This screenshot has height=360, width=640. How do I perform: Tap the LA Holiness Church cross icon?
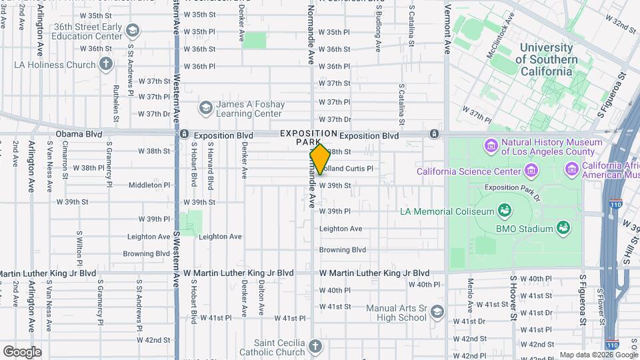pyautogui.click(x=105, y=65)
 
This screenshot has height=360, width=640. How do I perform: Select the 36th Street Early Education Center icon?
pyautogui.click(x=133, y=31)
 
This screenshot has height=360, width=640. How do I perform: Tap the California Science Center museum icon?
pyautogui.click(x=531, y=171)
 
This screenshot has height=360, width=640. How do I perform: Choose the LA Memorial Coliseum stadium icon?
pyautogui.click(x=505, y=211)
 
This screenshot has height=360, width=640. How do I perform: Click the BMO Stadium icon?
pyautogui.click(x=564, y=229)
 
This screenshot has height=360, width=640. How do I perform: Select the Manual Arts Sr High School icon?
pyautogui.click(x=437, y=312)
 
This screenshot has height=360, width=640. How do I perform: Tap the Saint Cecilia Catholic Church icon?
pyautogui.click(x=315, y=347)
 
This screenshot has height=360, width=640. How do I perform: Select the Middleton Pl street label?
pyautogui.click(x=149, y=185)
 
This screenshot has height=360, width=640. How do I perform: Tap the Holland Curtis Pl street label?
pyautogui.click(x=349, y=169)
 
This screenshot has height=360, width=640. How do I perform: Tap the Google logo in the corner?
pyautogui.click(x=22, y=351)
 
